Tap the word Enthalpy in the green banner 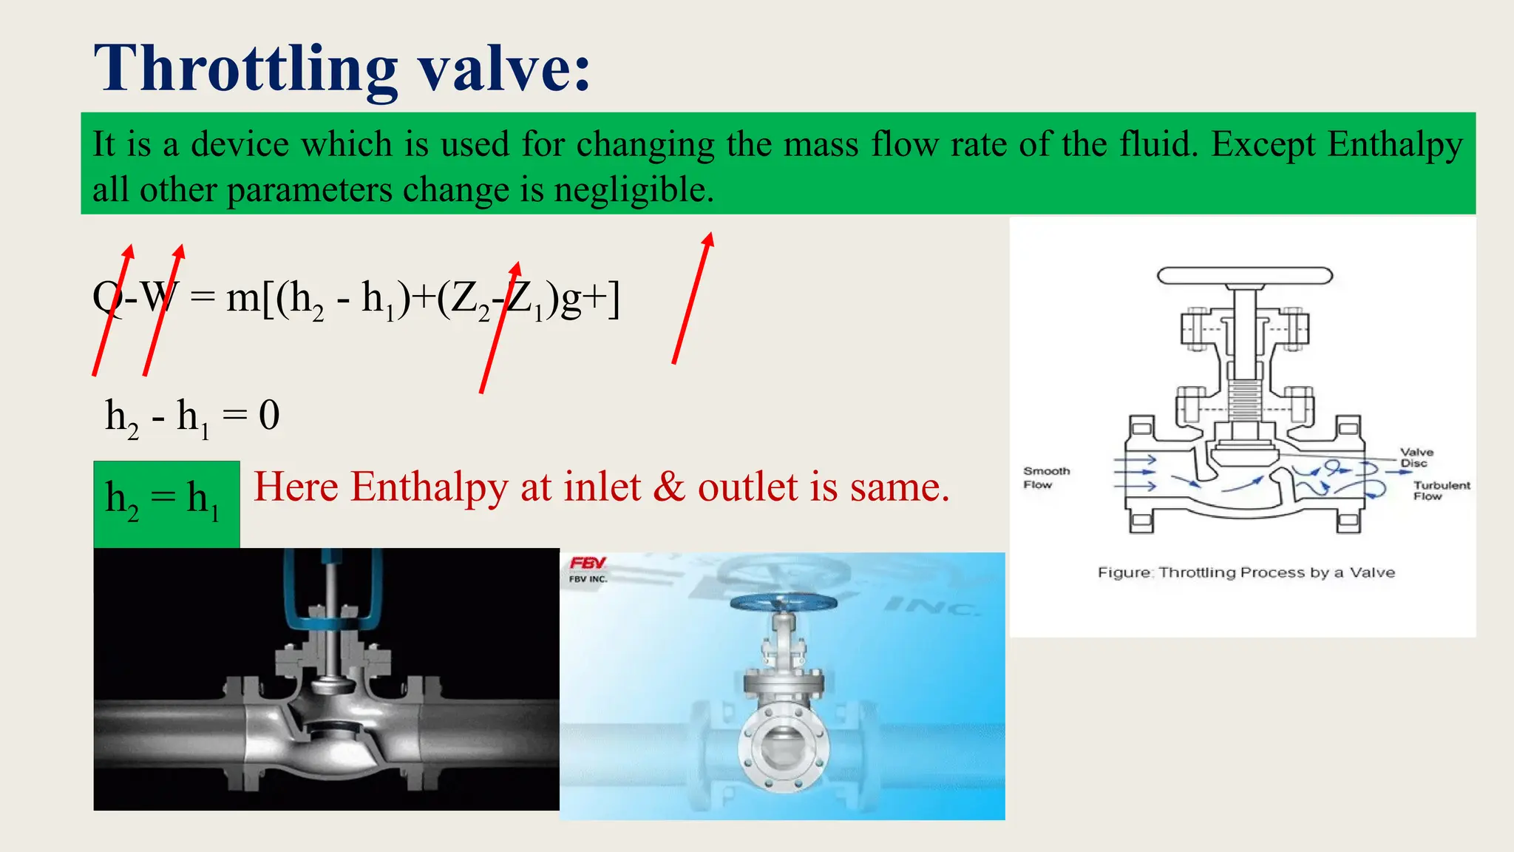coord(1394,144)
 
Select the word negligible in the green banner coord(634,190)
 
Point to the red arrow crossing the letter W coord(163,311)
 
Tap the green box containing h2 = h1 coord(166,504)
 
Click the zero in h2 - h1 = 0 coord(269,415)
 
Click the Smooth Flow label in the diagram coord(1046,478)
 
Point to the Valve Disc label coord(1416,457)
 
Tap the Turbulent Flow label coord(1441,490)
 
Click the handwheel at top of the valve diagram coord(1244,277)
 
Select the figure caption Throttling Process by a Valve coord(1246,572)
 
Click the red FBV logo coord(588,564)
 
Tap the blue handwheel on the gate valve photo coord(783,602)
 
